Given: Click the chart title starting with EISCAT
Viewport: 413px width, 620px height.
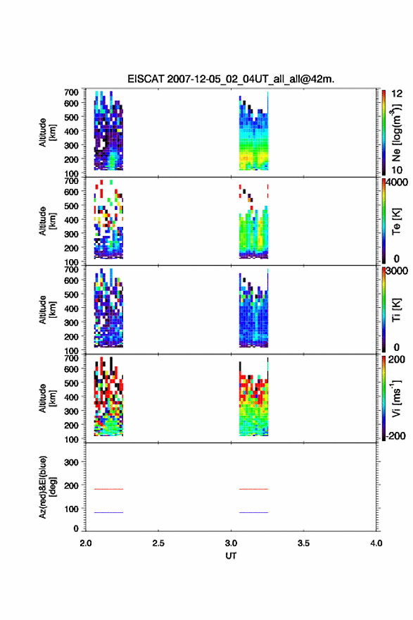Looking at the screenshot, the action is coord(231,79).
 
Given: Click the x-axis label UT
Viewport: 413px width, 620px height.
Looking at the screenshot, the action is coord(231,556).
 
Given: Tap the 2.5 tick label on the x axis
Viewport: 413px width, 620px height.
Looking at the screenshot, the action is coord(158,543).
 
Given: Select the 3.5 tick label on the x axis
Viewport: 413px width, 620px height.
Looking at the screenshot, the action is coord(304,543).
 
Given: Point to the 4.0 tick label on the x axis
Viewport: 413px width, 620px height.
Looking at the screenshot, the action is coord(376,543).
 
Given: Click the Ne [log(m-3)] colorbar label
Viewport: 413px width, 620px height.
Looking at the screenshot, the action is coord(396,132).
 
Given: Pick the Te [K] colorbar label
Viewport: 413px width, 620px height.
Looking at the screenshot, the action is coord(396,221).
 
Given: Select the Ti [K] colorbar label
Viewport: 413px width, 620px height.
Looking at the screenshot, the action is coord(396,309).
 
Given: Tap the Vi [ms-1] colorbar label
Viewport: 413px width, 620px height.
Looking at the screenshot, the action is coord(396,398).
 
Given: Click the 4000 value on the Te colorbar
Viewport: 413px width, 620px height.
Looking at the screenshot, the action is coord(397,182).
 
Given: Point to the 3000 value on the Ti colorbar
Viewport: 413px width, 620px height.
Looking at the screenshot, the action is coord(397,271).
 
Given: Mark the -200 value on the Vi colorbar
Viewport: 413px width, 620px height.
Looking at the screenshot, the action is coord(395,435).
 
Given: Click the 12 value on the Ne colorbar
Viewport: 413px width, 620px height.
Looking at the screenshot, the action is coord(397,94).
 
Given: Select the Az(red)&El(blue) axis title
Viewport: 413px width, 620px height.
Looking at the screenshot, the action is coord(47,487).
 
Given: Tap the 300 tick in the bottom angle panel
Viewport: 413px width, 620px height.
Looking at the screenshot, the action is coord(71,462).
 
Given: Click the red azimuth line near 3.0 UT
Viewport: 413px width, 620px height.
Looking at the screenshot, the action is coord(253,489).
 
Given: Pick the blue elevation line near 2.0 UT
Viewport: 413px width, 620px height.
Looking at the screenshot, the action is coord(108,512).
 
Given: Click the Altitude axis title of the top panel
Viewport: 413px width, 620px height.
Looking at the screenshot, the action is coord(47,132).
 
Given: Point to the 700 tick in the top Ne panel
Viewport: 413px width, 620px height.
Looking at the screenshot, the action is coord(71,92).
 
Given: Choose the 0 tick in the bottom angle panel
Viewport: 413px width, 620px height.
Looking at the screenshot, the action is coord(76,528).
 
